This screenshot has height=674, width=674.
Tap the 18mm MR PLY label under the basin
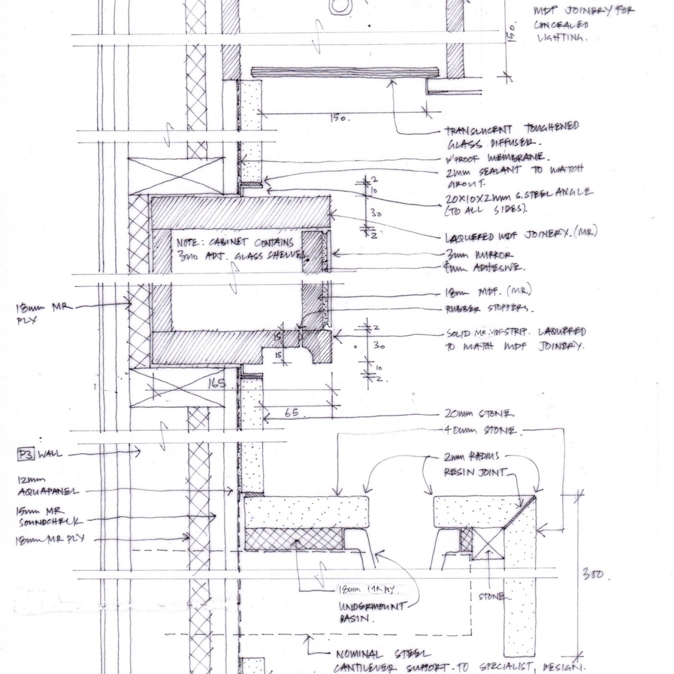tap(366, 590)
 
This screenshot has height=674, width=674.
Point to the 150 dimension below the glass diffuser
tap(337, 118)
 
